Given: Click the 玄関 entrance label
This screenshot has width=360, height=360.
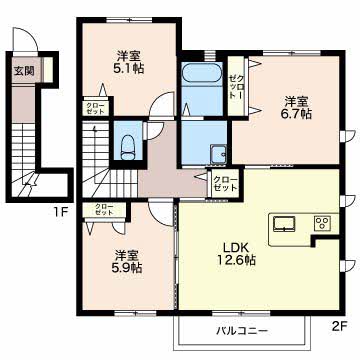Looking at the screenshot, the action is pos(24,71).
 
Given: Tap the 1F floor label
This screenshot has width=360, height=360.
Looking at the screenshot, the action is pos(60,212).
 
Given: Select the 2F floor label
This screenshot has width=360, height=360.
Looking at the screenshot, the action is pos(340,326).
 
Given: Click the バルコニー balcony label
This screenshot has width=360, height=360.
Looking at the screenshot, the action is pos(242,331).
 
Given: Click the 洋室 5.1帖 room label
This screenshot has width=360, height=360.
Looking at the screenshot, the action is pos(130,62).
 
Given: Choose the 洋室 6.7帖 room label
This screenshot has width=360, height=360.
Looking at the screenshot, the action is pos(298,107).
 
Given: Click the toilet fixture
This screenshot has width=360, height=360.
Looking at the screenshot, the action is pos(128,148).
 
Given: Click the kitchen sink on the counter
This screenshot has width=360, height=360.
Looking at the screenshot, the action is pos(284,223).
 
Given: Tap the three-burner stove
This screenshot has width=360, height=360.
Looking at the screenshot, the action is pos(323,222).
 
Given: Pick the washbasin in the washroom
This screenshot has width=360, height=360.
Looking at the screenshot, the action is pos(218,154).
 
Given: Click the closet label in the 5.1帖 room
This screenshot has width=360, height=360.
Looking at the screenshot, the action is pos(96,108).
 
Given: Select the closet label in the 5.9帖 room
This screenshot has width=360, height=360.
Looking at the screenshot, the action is pos(104,209).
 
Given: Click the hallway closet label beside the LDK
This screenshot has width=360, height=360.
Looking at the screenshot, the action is pos(225,184).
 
